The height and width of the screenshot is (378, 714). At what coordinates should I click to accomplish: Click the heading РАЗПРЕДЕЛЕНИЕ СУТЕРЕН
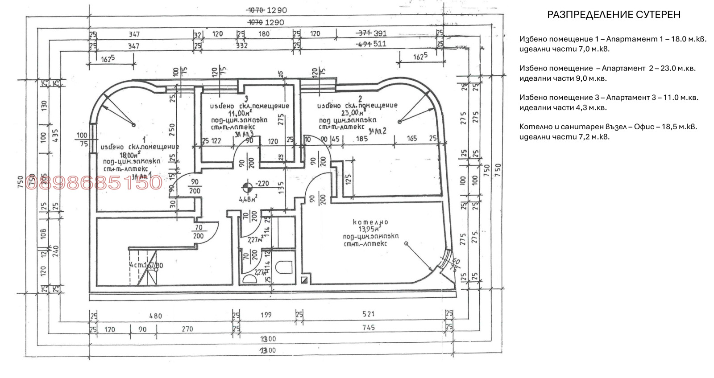point(614,15)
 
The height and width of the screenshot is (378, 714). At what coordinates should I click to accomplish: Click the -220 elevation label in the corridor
point(262,184)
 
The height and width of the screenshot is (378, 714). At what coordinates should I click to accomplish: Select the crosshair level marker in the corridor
point(247,188)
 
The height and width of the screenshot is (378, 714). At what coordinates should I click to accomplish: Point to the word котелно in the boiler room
point(370,222)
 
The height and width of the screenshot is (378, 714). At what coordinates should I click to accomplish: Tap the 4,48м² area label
point(248,199)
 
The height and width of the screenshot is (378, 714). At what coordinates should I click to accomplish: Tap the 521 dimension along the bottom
point(369,314)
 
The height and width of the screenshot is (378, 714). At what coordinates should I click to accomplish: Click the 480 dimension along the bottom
point(155,316)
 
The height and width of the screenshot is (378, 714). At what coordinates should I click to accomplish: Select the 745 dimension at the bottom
point(369,328)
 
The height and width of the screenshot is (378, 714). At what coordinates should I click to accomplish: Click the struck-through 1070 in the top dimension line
point(255,10)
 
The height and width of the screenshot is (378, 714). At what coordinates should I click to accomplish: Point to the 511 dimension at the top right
point(380,44)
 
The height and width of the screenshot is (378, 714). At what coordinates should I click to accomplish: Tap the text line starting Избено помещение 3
point(609,97)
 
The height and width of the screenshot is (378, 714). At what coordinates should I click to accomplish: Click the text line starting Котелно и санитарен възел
point(608,127)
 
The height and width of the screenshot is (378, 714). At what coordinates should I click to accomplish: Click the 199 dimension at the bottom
point(266,315)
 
